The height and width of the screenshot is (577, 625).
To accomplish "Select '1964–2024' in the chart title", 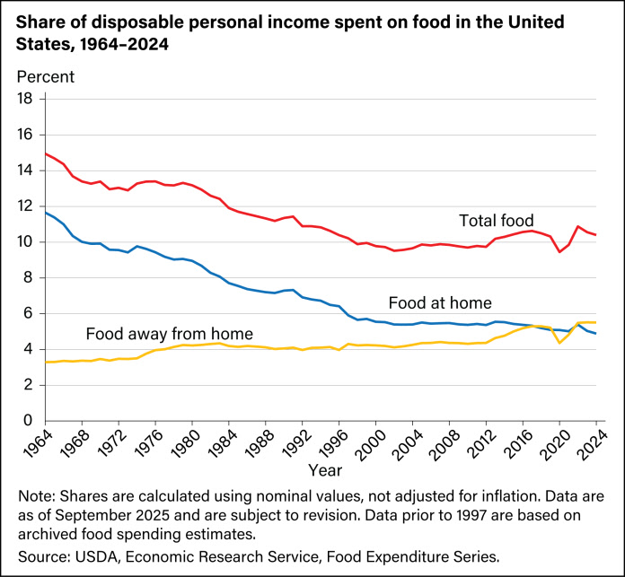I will point(123,41).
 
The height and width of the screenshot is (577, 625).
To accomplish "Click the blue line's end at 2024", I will point(595,333).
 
